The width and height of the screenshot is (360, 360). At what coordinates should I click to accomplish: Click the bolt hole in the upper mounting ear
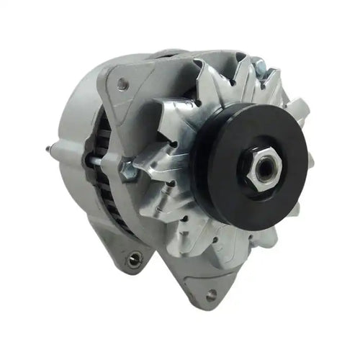(123, 85)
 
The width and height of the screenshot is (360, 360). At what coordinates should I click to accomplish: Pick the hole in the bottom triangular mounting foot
(210, 294)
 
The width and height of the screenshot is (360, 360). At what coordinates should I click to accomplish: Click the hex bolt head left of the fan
(129, 171)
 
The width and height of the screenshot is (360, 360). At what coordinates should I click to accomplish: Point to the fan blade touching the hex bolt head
(155, 169)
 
